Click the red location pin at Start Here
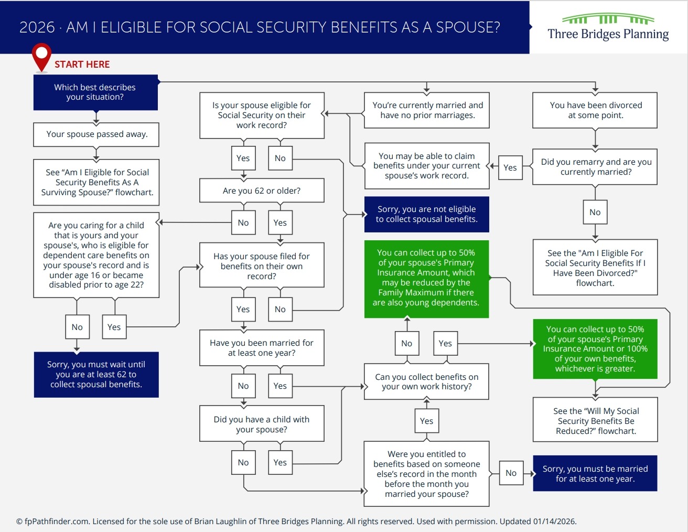pos(41,56)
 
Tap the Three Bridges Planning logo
pos(608,27)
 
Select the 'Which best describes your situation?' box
pos(95,92)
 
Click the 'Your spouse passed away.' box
pos(96,134)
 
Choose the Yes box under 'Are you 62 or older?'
pos(280,223)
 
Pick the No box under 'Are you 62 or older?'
pos(243,223)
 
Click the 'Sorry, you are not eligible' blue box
pos(426,214)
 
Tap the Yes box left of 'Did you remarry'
pos(510,168)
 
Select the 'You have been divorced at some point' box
pos(595,110)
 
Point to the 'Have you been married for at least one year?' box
pos(262,348)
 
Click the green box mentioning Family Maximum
pos(426,278)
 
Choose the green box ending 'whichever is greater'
pos(595,349)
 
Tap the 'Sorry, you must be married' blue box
pos(595,474)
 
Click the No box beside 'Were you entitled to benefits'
pos(511,473)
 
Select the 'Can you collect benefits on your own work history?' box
pos(426,382)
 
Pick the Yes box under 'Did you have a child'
pos(280,463)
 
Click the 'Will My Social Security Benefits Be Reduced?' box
pos(595,421)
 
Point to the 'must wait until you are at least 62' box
pos(96,375)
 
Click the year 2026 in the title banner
pos(37,27)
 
